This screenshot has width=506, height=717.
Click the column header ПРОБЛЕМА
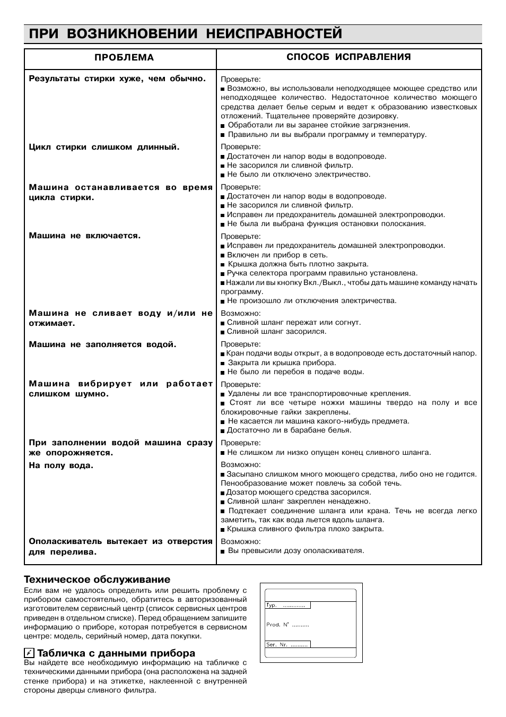(124, 57)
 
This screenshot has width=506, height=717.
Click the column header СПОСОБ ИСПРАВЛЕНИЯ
(348, 57)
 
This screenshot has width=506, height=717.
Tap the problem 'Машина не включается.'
(85, 236)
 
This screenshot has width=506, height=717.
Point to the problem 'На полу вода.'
(61, 465)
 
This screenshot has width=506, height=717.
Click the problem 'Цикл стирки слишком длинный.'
(104, 147)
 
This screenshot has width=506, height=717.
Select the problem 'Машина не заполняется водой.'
(102, 344)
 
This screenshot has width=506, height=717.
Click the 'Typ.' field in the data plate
(287, 605)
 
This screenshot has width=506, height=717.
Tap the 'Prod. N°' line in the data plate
(287, 625)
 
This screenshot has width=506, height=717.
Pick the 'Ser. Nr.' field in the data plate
(287, 644)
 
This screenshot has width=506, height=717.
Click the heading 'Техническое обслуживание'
(97, 579)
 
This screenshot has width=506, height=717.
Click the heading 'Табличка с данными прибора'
(116, 653)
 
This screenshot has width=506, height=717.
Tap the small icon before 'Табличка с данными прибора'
(29, 653)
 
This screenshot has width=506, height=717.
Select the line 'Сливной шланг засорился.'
(276, 332)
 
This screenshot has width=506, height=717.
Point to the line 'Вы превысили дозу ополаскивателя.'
(295, 551)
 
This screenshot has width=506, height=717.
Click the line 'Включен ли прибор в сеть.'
(277, 255)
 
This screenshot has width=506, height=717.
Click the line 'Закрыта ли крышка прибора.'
(282, 363)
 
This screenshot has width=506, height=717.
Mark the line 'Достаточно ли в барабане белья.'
(289, 430)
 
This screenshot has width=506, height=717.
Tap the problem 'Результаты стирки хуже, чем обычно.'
(117, 79)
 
